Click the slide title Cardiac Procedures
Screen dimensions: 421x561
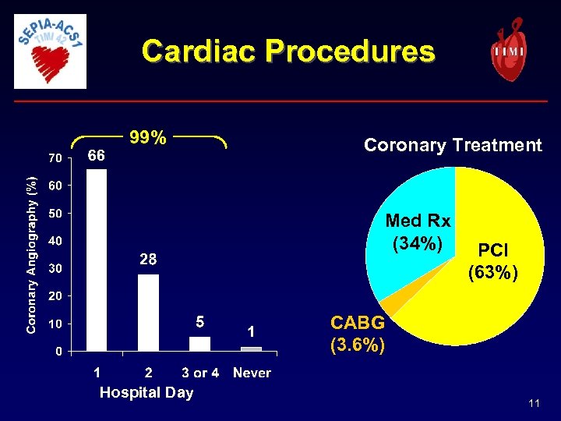point(288,51)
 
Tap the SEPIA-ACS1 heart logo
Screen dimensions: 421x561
point(51,51)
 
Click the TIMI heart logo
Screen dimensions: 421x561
point(508,50)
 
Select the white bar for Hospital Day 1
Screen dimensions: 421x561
point(97,260)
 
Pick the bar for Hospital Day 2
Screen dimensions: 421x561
point(148,312)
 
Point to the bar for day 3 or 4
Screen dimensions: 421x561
point(200,344)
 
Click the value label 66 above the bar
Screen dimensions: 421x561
point(97,156)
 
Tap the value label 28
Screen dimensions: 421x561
point(148,260)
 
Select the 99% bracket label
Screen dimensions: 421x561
point(148,138)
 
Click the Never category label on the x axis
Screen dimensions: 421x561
point(252,373)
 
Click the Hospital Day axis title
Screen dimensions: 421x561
point(146,392)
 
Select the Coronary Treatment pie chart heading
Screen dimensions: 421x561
point(453,145)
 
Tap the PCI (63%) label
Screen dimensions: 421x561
point(493,262)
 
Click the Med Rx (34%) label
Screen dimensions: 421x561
point(418,232)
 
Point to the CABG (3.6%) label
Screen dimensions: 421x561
point(358,334)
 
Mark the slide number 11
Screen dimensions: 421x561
point(534,403)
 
